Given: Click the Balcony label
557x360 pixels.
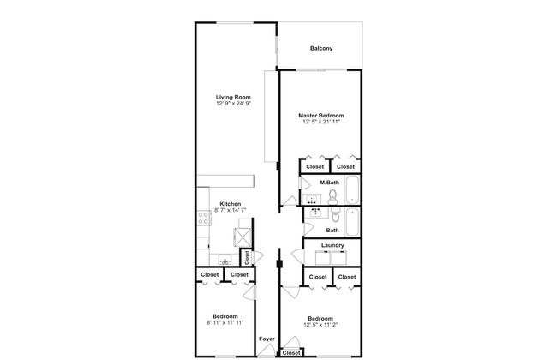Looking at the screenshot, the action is [x=321, y=48].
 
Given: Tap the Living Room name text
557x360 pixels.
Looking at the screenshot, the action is [x=233, y=97].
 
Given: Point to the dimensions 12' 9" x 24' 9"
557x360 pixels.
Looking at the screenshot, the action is [x=233, y=104].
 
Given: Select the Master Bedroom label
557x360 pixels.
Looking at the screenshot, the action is [x=321, y=116].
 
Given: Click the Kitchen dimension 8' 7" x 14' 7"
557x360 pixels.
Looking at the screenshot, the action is [x=231, y=210].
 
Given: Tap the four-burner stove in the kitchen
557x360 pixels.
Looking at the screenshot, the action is [x=204, y=218].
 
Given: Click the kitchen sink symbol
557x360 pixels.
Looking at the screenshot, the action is [x=225, y=260].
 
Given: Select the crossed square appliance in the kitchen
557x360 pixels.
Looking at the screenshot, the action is [x=243, y=237].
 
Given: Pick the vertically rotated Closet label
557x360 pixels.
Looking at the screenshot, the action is [x=247, y=258].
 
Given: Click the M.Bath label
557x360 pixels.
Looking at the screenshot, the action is [x=330, y=183].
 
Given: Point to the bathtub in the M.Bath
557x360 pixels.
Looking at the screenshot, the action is [x=353, y=189].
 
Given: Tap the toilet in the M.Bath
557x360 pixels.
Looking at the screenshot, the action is [x=332, y=197].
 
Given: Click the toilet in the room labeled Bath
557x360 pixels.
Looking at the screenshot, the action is [x=336, y=214].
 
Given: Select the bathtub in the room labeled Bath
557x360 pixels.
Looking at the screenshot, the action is [x=352, y=223].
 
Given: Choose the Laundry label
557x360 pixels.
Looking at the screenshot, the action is [x=332, y=245].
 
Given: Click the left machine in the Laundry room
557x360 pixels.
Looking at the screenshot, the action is [x=323, y=258].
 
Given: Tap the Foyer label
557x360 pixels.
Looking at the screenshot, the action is [x=267, y=339].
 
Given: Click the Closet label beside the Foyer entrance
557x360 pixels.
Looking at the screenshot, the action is [x=291, y=353].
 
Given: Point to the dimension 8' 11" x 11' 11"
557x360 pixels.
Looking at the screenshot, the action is [x=225, y=322].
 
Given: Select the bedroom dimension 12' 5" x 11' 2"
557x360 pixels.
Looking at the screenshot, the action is [x=320, y=325].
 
